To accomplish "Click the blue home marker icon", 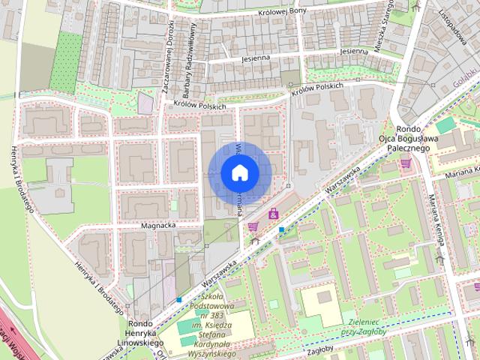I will [x=239, y=173].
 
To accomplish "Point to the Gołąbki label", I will [x=466, y=80].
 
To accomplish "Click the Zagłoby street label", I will [x=319, y=350].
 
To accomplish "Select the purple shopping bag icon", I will [x=273, y=214].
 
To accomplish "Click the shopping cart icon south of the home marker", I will [x=253, y=226].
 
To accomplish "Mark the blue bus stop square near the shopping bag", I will [x=281, y=229].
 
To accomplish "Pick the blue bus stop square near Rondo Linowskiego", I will [x=178, y=300].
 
